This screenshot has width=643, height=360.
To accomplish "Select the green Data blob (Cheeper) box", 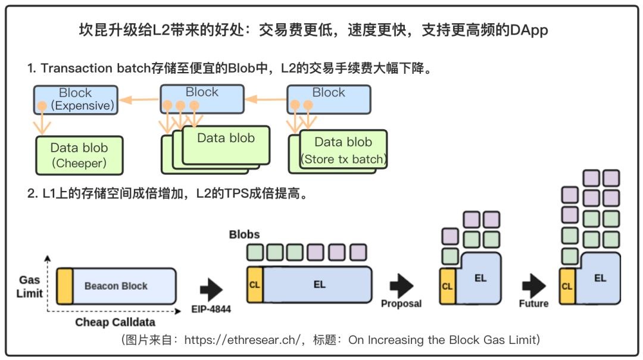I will tap(79, 155).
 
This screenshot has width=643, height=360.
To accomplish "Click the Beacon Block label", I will tap(116, 286).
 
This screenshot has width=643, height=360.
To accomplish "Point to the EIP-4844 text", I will tap(212, 309).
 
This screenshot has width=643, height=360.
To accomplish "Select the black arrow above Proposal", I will tap(401, 286).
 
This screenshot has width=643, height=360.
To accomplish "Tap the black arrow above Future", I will tap(533, 286).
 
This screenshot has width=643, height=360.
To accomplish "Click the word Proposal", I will tap(401, 303).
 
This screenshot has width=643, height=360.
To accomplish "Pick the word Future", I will tap(533, 303).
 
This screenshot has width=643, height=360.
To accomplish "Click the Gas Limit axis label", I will tap(30, 286).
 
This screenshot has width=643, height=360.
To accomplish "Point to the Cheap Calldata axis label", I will tap(115, 322).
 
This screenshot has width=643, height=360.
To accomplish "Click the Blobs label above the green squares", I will tap(244, 234).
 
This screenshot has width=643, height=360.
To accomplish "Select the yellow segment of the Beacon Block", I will tap(65, 286).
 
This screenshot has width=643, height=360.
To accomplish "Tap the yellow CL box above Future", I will tap(567, 286).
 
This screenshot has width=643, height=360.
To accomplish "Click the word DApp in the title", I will tap(529, 30).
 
